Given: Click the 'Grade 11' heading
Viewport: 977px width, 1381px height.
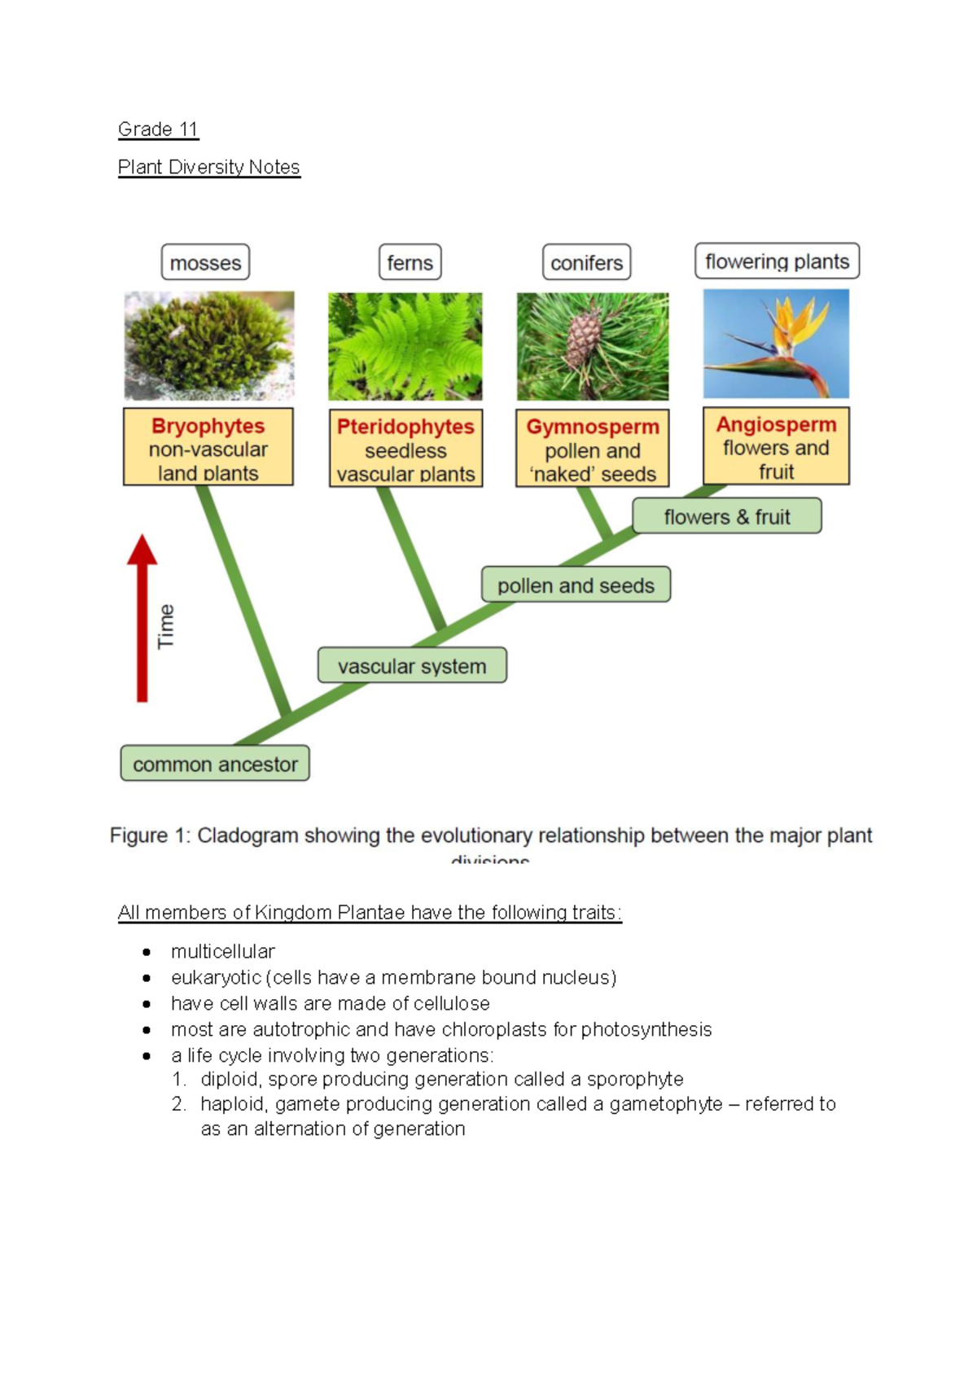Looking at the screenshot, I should [158, 129].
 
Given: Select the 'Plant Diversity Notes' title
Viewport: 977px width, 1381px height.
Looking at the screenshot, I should [209, 167].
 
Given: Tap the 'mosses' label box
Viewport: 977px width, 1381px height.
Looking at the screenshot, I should [205, 263].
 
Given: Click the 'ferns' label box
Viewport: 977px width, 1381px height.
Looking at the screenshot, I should [410, 263].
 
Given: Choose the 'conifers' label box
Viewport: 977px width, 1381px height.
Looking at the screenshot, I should [586, 263].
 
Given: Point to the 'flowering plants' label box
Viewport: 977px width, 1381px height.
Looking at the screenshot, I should [777, 261].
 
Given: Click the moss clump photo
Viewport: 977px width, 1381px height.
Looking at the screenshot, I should [209, 345].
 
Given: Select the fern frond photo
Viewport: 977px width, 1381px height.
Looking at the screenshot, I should [405, 346].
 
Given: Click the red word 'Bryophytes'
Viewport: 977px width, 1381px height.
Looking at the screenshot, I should [208, 426].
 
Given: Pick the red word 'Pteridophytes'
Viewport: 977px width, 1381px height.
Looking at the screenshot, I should [405, 427].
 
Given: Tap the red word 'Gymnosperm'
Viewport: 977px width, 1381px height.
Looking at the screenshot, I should [593, 427].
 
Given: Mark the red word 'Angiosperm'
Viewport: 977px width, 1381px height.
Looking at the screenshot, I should [776, 424].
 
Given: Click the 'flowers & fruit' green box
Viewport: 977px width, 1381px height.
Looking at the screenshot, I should [727, 517].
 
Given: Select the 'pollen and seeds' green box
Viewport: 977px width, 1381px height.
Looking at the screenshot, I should [576, 585].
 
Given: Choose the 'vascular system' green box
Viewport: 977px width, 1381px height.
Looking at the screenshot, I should [412, 666].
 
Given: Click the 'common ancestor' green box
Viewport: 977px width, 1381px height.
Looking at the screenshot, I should [215, 764].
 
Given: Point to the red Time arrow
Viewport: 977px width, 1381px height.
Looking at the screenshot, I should [142, 619].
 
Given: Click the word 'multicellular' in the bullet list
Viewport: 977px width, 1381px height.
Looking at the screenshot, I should [223, 951].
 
